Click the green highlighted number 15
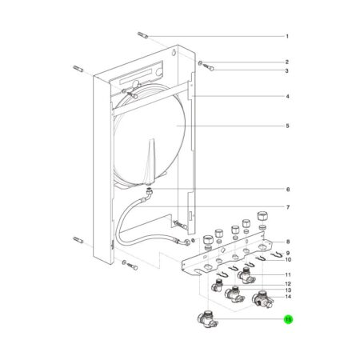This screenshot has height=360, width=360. tap(288, 319)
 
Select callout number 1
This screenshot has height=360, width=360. tap(287, 36)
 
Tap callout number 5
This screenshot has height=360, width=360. tap(287, 126)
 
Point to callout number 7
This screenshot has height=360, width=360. tap(288, 207)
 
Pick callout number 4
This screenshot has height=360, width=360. tap(287, 96)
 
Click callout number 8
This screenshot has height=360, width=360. tap(288, 242)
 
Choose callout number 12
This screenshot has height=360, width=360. tap(288, 284)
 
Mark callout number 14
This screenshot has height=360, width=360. tap(288, 297)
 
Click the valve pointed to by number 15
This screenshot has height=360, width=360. tap(207, 319)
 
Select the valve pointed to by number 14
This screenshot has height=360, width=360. tap(262, 300)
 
